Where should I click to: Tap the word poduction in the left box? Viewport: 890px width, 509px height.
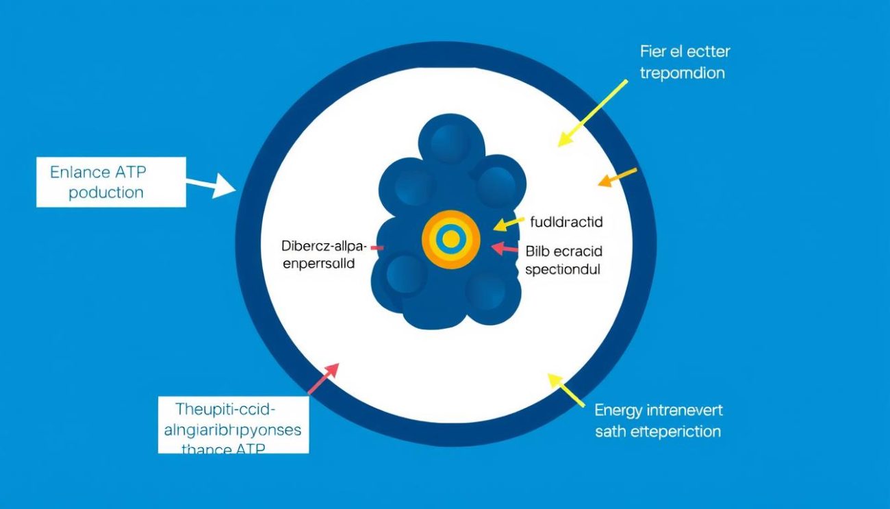click(106, 193)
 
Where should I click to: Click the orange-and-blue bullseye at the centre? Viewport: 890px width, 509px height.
click(450, 239)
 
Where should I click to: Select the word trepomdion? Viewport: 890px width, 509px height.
click(682, 73)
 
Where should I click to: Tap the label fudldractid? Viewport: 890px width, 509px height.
click(566, 222)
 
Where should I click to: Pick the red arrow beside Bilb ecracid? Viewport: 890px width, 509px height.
click(505, 248)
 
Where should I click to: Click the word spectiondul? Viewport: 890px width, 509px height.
click(563, 269)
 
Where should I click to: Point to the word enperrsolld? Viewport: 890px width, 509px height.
click(319, 263)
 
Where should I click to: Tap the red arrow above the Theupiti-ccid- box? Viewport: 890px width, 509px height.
click(323, 378)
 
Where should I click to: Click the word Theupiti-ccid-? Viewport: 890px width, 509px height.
click(225, 410)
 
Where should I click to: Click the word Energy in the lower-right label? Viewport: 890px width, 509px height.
click(618, 410)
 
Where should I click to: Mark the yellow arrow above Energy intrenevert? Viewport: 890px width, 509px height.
click(566, 390)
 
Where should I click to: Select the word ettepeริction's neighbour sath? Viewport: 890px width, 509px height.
click(609, 432)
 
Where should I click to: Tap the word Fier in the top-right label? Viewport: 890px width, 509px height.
click(654, 51)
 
